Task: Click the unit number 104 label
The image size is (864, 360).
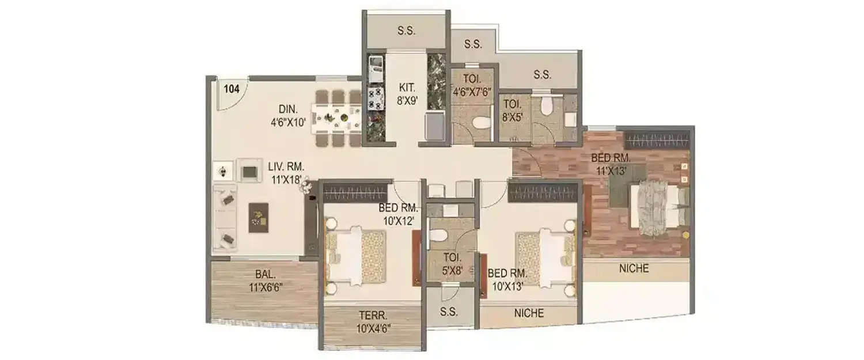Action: pos(232,89)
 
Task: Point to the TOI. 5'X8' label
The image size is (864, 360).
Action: pos(450,264)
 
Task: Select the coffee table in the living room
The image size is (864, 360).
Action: pos(259,217)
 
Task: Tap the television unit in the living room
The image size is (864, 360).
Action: pos(249,171)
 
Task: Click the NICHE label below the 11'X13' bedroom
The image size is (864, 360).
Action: pos(634,268)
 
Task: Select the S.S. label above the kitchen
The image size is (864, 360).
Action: pos(406,31)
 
